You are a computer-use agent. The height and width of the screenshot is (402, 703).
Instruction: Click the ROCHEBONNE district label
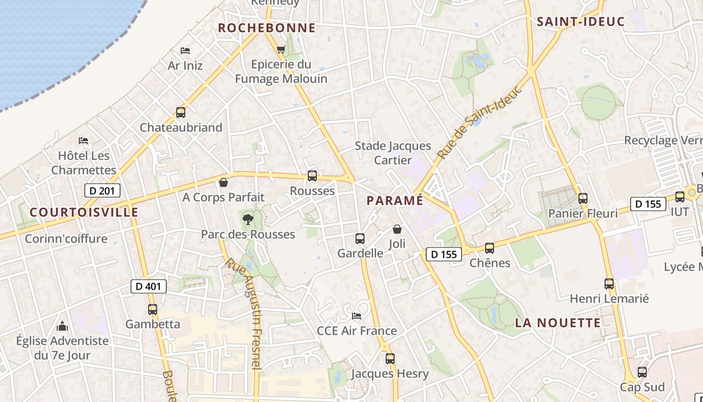(x=267, y=28)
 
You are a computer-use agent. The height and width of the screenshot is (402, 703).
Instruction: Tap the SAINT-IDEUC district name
(x=580, y=22)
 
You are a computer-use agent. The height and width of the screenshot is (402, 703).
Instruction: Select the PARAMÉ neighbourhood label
(x=395, y=200)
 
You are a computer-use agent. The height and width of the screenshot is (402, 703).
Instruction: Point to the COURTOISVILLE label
(x=84, y=212)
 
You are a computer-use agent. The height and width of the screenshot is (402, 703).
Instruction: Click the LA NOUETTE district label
(x=557, y=323)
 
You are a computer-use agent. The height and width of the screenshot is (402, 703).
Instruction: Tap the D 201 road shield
(x=102, y=190)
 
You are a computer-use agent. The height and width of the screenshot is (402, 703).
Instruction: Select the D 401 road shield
(x=148, y=286)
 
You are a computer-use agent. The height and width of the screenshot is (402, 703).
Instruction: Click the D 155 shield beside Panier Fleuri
(x=648, y=204)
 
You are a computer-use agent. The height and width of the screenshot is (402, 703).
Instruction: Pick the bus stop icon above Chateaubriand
(x=181, y=113)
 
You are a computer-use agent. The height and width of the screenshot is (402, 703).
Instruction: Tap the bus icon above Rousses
(x=312, y=176)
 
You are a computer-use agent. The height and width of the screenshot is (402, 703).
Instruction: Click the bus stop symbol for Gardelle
(x=360, y=238)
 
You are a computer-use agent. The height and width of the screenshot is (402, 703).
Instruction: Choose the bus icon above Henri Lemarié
(x=609, y=284)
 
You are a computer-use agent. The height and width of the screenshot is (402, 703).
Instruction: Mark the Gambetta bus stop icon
(x=153, y=310)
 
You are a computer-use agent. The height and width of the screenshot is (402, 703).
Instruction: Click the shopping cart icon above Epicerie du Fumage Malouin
(x=281, y=49)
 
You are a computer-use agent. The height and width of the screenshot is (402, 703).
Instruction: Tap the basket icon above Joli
(x=397, y=229)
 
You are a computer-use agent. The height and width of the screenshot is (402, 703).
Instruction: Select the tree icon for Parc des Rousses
(x=248, y=219)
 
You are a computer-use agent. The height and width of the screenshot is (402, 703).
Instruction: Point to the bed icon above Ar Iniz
(x=185, y=51)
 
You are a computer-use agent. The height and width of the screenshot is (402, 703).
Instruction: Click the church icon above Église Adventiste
(x=62, y=327)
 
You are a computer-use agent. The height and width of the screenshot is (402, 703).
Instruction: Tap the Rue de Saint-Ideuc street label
(x=480, y=123)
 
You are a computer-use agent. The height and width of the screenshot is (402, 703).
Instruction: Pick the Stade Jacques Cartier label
(x=393, y=153)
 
